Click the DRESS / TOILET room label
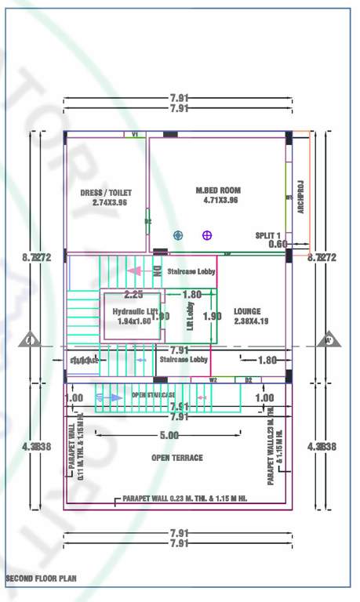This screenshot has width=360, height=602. (106, 197)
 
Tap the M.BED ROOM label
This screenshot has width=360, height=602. (218, 194)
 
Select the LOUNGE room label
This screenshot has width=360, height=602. (250, 315)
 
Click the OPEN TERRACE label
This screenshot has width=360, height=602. (176, 458)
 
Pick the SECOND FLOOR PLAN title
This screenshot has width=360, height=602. (41, 579)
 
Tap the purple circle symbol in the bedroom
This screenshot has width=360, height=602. (207, 234)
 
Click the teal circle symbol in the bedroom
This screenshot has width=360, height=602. (178, 234)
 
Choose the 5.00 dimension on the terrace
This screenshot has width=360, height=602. (169, 435)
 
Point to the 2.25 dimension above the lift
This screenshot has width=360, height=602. (133, 295)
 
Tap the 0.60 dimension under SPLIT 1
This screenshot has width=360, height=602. (278, 244)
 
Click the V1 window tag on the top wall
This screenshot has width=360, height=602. (134, 135)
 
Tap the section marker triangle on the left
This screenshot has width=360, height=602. (29, 340)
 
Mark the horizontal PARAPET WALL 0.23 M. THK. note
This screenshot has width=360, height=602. (184, 499)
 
